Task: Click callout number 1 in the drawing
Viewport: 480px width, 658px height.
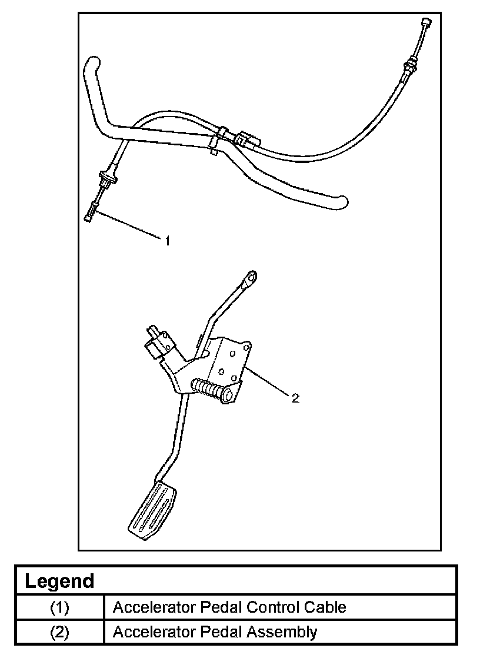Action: point(168,241)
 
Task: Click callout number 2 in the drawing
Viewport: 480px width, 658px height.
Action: point(295,398)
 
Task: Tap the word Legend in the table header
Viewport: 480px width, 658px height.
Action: point(59,581)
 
